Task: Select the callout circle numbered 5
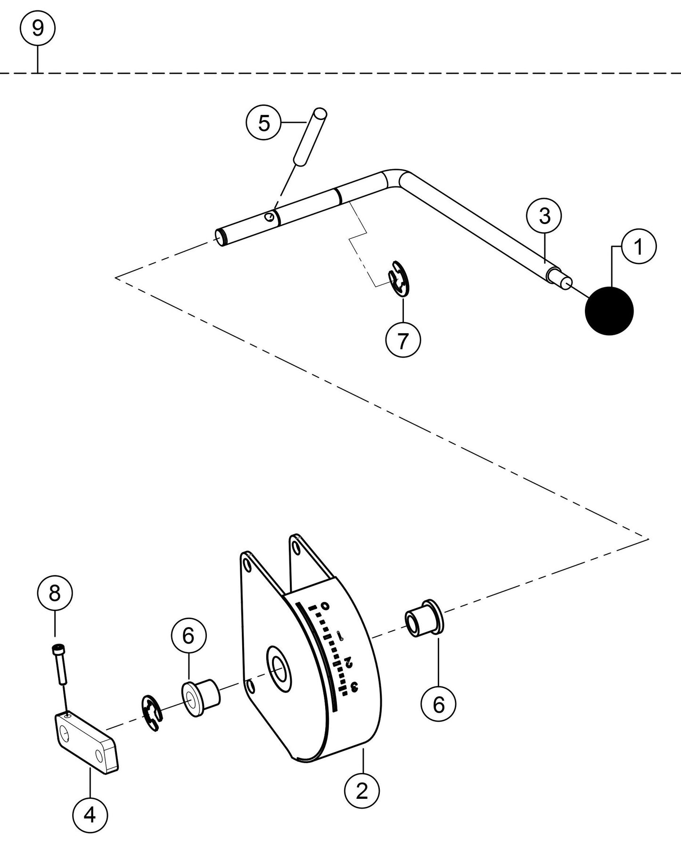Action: (x=264, y=123)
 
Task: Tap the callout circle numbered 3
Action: (x=544, y=216)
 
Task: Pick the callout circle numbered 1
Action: (x=639, y=247)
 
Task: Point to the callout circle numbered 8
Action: (x=55, y=594)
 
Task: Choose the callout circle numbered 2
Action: (x=362, y=792)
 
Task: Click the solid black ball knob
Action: (x=609, y=311)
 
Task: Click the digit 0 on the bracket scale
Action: (x=324, y=606)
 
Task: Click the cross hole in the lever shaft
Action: (x=269, y=217)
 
